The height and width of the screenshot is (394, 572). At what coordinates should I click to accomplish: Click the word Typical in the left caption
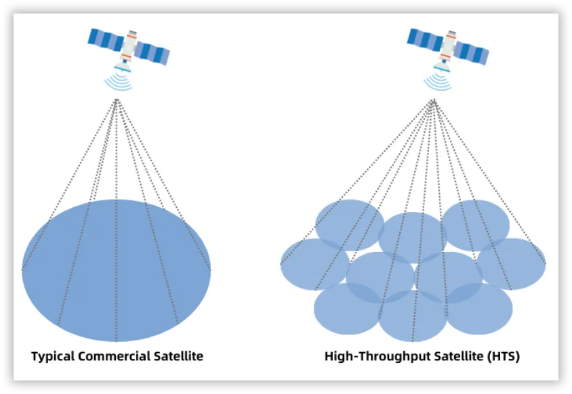point(53,357)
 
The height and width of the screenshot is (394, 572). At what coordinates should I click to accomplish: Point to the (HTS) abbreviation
point(504,356)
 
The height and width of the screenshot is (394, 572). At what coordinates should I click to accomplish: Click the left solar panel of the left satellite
point(106,39)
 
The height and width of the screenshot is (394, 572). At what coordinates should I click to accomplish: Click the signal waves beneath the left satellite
point(119,83)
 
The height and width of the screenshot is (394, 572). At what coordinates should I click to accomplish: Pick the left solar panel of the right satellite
point(426,39)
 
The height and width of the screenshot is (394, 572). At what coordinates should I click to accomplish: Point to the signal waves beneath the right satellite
point(438,83)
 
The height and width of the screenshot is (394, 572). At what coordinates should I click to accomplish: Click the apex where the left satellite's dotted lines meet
point(117,99)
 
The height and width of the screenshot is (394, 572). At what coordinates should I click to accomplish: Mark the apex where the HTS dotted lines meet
point(434,100)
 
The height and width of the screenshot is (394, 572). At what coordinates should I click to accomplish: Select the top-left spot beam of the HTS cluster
point(350,225)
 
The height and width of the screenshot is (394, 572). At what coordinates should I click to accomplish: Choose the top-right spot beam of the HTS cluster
point(475,225)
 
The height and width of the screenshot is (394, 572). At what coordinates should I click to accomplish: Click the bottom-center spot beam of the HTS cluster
point(413,316)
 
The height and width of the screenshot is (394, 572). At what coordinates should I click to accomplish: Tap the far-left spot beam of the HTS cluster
point(315,264)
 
